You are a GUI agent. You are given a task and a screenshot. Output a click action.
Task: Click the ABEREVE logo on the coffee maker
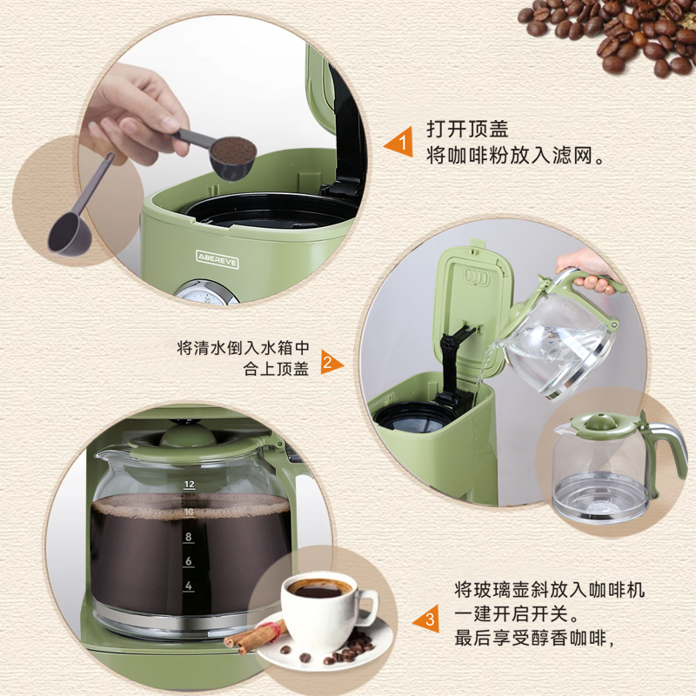(217, 259)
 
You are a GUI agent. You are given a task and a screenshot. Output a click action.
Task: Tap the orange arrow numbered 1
(399, 142)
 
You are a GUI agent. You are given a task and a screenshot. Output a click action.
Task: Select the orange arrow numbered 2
(331, 362)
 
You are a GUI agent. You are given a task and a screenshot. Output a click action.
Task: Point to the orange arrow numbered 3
(426, 619)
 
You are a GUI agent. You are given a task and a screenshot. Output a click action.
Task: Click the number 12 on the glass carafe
(190, 485)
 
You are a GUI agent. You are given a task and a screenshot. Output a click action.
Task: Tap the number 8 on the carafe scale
(189, 537)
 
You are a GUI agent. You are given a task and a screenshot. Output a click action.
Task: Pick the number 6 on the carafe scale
(189, 561)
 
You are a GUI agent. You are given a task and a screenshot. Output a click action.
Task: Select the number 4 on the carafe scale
(189, 586)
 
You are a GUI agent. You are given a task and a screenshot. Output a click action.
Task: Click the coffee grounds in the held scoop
(233, 150)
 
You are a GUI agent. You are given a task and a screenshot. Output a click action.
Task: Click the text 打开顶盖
(467, 129)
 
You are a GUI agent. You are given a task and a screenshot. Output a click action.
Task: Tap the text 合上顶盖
(276, 369)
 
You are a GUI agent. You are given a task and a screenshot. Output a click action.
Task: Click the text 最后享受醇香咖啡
(530, 639)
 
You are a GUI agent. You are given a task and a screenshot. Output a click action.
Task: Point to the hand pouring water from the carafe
(586, 271)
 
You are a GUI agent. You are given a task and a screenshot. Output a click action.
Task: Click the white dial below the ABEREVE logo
(205, 292)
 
